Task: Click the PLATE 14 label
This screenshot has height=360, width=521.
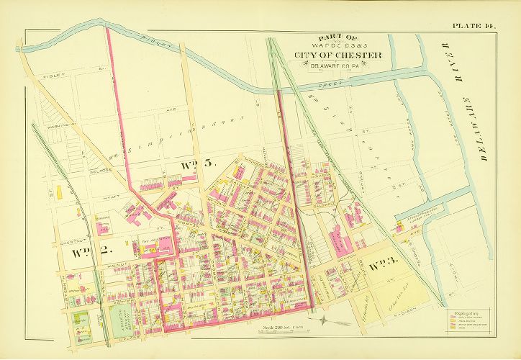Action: pyautogui.click(x=474, y=27)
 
